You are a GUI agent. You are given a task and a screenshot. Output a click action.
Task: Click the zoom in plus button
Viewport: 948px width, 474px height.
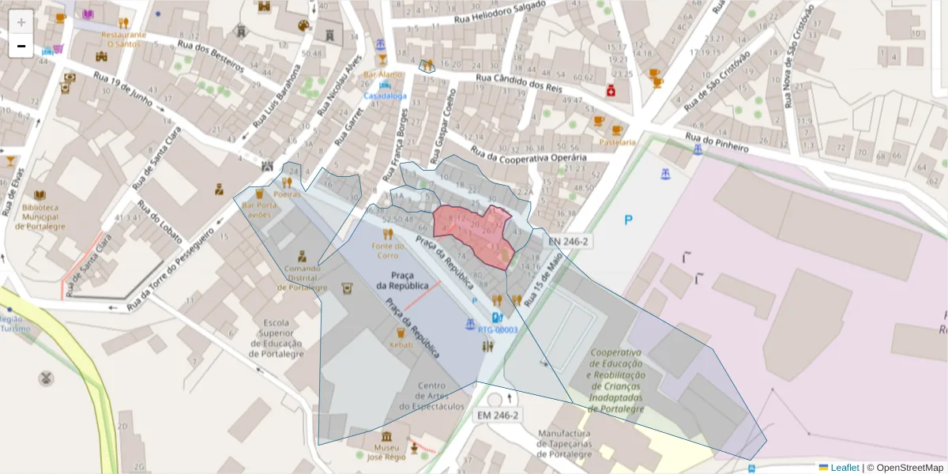pos(21,21)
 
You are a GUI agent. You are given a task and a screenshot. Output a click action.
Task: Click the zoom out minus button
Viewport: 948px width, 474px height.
pos(21,46)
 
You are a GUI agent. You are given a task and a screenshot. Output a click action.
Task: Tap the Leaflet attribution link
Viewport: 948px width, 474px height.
pos(845,468)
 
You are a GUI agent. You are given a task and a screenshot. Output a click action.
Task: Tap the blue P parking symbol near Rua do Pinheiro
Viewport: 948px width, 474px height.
pos(629,220)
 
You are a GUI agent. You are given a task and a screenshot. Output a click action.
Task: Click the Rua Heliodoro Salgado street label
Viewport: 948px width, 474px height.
pos(501,13)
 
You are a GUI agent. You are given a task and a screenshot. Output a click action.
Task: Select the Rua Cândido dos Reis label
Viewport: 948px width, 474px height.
pos(518,83)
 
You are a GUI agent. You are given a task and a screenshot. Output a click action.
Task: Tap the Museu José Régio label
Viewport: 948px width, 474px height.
pos(386,452)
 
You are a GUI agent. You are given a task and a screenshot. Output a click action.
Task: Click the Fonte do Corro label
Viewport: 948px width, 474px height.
pos(388,250)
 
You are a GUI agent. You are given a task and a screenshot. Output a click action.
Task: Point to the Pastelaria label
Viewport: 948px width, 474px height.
pos(617,142)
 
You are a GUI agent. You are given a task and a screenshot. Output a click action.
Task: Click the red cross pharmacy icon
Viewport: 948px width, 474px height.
pos(611,92)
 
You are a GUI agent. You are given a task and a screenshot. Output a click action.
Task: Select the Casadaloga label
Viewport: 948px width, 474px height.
pos(386,96)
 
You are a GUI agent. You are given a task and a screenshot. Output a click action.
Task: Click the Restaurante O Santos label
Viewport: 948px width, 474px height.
pos(122,39)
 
